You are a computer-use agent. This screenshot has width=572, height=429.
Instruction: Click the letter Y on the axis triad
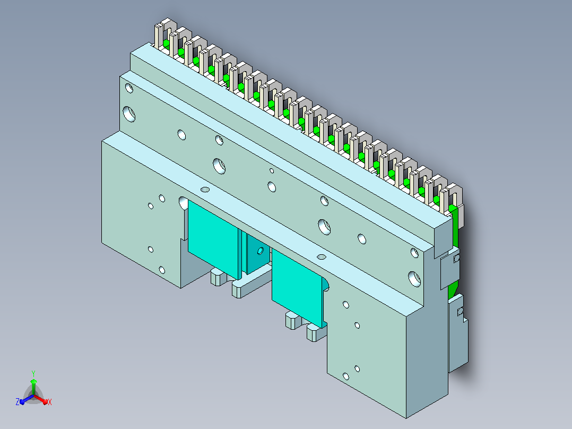[x=33, y=373]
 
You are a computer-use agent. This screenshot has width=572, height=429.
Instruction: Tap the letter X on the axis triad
[x=50, y=402]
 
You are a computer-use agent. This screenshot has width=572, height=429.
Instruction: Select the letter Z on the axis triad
[x=18, y=402]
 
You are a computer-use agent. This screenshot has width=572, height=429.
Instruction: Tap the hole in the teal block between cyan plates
[x=260, y=251]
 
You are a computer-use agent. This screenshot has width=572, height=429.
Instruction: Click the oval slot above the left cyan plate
[x=205, y=190]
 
